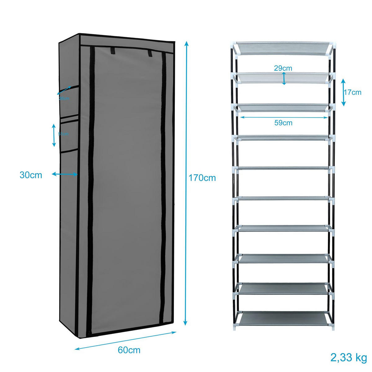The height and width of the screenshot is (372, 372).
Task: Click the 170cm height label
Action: point(202,178)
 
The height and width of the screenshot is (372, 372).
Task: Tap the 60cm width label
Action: point(129,350)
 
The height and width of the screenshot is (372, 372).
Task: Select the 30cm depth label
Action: point(31,175)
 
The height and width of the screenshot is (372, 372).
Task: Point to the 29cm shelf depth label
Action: point(283,68)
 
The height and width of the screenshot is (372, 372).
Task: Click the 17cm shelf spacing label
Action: point(352,92)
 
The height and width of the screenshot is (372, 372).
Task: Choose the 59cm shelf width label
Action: point(283,123)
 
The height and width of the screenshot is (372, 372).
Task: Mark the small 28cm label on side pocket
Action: point(64,98)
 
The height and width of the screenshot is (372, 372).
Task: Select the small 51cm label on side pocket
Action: point(64,134)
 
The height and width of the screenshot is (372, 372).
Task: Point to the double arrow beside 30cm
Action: point(64,174)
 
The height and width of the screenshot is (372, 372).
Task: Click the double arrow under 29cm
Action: point(284,78)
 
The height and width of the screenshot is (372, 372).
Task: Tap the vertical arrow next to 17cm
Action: point(343,92)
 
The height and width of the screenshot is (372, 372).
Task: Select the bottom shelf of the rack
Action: point(283,317)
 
